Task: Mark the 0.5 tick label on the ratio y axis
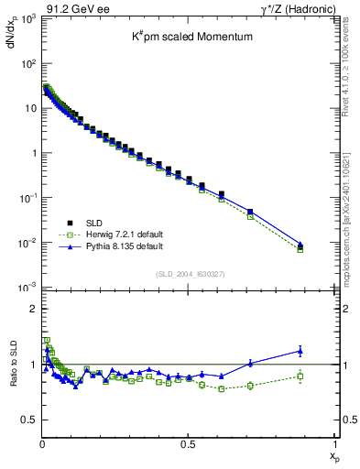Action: pos(28,420)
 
